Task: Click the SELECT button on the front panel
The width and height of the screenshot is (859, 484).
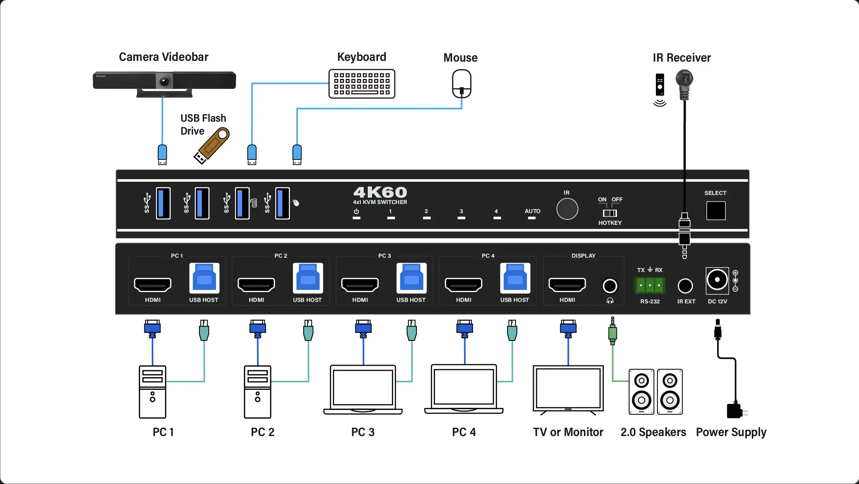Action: [x=716, y=211]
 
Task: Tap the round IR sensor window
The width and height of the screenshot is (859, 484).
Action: [x=567, y=209]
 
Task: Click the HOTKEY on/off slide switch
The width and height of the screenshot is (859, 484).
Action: [x=610, y=213]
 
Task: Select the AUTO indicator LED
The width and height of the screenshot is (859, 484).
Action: [x=532, y=218]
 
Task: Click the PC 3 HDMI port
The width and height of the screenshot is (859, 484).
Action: [x=360, y=285]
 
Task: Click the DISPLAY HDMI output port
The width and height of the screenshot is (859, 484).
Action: [x=567, y=285]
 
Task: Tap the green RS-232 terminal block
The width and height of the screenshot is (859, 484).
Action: [x=650, y=285]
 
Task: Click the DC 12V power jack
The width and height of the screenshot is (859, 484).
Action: [x=717, y=280]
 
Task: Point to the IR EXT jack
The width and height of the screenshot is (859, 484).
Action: [x=685, y=286]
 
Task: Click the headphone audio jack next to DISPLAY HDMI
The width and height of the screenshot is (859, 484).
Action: [x=610, y=286]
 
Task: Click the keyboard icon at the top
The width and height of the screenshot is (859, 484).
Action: [x=362, y=84]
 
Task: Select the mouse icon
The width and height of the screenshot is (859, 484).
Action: [x=461, y=84]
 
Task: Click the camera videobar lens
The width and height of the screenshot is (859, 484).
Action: [x=164, y=81]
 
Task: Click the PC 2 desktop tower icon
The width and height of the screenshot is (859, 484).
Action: [x=258, y=392]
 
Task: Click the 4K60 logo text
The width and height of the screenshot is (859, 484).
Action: [x=380, y=192]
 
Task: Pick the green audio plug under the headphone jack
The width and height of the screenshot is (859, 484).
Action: [x=612, y=333]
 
